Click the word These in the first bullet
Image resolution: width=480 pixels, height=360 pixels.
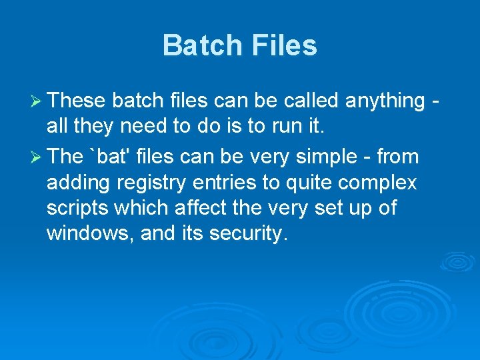(77, 101)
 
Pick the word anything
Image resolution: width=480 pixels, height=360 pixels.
(385, 101)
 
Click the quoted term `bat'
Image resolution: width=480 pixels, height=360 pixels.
(110, 157)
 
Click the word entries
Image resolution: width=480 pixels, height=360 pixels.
(217, 182)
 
